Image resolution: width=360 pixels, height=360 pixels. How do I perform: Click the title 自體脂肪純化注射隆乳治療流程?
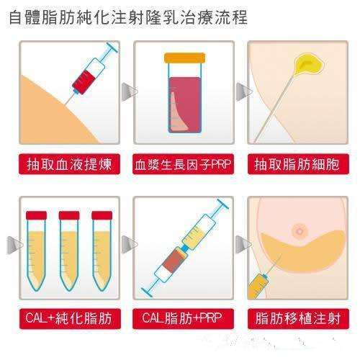(128, 17)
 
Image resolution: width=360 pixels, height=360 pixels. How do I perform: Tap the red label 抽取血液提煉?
(69, 164)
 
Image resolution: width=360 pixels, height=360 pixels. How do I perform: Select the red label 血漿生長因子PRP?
(183, 164)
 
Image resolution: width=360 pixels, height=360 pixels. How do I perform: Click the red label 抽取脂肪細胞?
(298, 164)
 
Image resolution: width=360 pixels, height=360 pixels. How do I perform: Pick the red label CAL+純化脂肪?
(69, 319)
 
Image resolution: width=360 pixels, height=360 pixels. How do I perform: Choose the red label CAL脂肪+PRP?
(183, 319)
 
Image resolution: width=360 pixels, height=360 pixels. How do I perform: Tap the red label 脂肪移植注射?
(298, 319)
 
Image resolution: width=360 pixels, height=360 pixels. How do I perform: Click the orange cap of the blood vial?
(184, 58)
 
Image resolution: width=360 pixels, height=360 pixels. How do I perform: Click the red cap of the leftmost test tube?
(36, 215)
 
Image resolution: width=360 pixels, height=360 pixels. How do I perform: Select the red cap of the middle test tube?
(69, 215)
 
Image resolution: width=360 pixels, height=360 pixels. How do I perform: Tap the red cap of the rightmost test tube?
(102, 215)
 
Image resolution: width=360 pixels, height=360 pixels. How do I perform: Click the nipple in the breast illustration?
(300, 231)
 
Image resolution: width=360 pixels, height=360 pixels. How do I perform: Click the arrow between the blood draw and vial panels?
(129, 91)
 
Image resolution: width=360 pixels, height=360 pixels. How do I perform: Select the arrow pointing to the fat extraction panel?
(244, 91)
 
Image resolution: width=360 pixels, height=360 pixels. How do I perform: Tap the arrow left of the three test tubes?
(14, 245)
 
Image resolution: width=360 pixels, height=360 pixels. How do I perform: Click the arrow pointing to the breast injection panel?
(243, 244)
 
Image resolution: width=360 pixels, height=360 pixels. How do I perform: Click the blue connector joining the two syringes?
(185, 248)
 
